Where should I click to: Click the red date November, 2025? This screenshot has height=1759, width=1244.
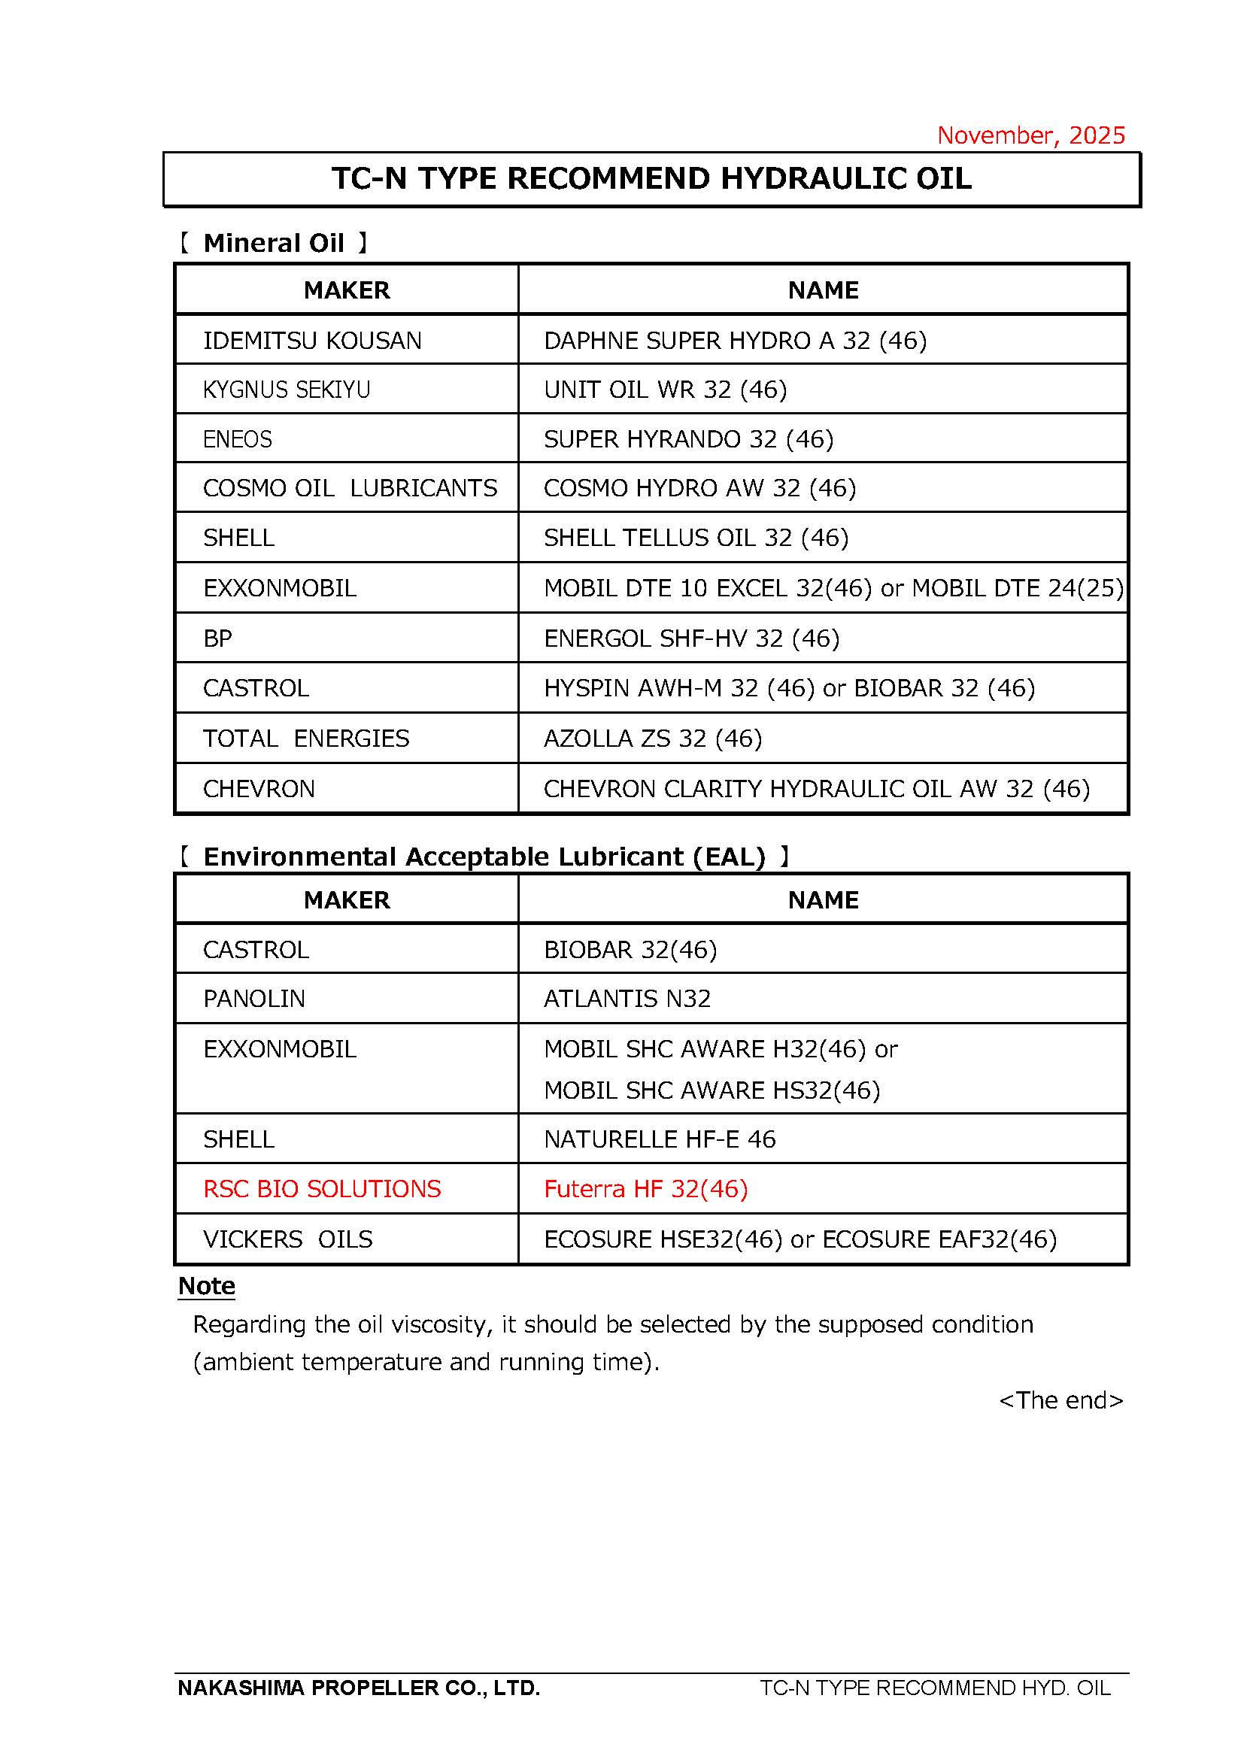point(1030,135)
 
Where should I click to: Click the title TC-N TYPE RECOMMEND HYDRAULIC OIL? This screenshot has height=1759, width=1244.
point(651,178)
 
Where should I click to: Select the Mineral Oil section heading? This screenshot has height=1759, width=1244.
point(274,243)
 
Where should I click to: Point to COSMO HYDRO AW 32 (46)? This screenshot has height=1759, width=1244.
point(699,488)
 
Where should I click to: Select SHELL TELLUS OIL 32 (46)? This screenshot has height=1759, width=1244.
point(696,538)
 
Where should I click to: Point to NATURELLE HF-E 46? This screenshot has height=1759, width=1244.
point(660,1139)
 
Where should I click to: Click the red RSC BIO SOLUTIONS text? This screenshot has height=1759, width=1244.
point(322,1188)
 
